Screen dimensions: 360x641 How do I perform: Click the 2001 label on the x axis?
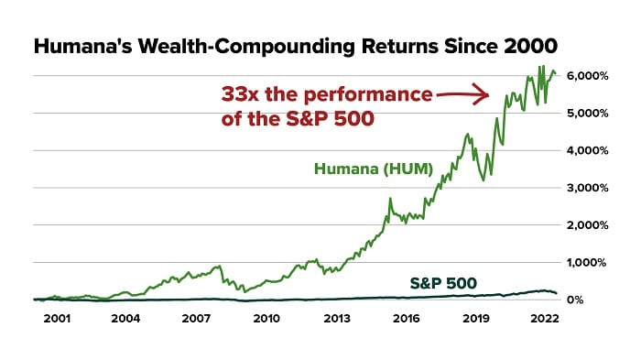click(55, 319)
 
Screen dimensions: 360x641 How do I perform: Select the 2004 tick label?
click(125, 319)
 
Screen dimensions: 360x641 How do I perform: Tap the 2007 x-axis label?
click(196, 319)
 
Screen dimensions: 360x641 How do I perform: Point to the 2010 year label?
click(266, 319)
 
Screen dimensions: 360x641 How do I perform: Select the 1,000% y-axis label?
click(586, 262)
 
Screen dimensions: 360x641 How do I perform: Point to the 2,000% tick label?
click(586, 224)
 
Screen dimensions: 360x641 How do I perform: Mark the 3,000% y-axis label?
click(586, 187)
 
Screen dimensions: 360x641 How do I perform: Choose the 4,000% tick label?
click(586, 150)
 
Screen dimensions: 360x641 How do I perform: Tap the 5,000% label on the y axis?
click(586, 113)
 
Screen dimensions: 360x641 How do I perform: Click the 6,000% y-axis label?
click(586, 75)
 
